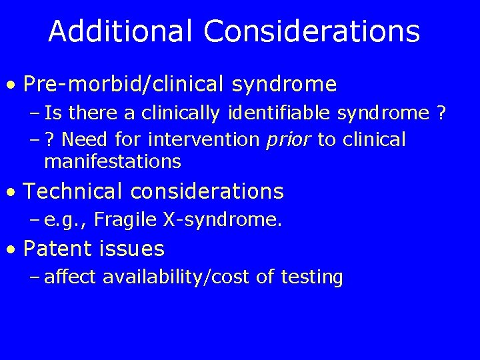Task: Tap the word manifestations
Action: [113, 161]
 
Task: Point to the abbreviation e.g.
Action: [62, 220]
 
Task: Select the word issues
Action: [133, 249]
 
